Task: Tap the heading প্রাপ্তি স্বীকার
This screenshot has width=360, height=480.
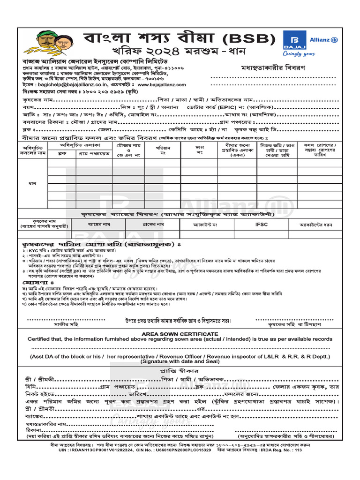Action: [x=180, y=370]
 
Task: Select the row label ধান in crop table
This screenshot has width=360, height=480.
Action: [x=33, y=183]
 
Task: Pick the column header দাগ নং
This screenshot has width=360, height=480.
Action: [x=199, y=150]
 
